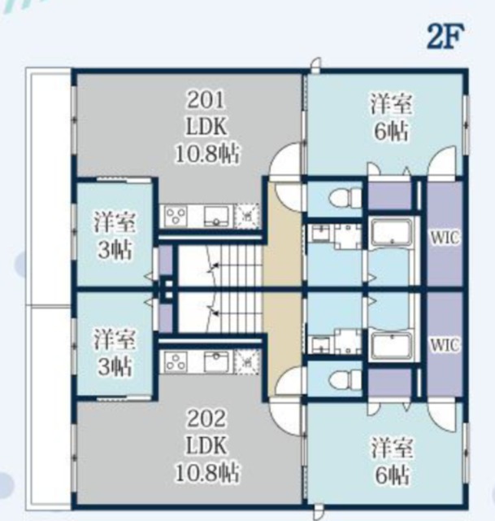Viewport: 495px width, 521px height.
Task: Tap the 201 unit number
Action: [x=206, y=99]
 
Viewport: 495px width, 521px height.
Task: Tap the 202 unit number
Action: [x=206, y=418]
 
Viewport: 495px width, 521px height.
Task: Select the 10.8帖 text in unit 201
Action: [x=207, y=154]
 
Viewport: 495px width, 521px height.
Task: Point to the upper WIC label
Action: [x=445, y=237]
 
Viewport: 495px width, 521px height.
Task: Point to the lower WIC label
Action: [x=445, y=345]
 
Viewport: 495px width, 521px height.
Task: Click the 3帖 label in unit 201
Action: [x=115, y=250]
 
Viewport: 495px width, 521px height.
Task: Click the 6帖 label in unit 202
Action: [x=392, y=475]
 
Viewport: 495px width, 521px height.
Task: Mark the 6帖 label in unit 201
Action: [x=392, y=132]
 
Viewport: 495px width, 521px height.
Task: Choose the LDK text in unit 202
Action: [x=206, y=445]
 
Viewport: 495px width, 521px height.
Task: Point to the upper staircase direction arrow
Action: [x=212, y=266]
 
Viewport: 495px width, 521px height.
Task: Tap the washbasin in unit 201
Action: [x=319, y=232]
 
